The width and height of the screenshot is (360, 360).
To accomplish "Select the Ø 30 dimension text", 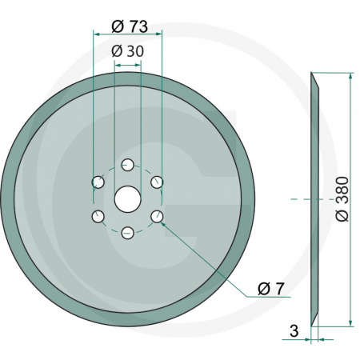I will [x=128, y=50].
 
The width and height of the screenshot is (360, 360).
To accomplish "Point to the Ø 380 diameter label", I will [x=342, y=198].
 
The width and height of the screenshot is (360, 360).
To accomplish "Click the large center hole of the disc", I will [x=128, y=198].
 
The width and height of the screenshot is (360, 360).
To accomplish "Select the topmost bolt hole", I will [x=128, y=165].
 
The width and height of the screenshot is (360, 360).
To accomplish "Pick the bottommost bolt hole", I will [x=128, y=233].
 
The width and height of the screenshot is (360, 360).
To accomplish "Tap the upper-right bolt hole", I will [x=158, y=182].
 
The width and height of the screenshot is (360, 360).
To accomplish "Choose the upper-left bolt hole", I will [x=98, y=182].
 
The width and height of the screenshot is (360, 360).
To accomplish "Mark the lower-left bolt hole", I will [x=98, y=215].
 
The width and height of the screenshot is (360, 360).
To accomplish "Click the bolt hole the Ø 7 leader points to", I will [x=158, y=215].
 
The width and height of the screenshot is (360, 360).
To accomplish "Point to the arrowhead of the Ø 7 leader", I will [x=163, y=222].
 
